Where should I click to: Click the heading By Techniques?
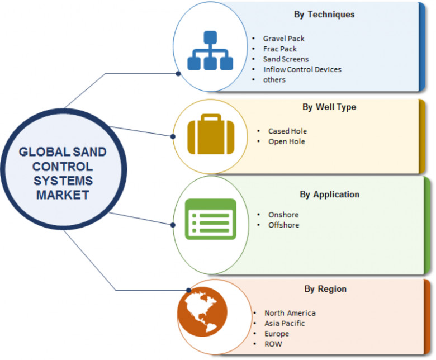pos(324,15)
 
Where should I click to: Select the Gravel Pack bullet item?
pos(284,39)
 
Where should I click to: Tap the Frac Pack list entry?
pos(280,49)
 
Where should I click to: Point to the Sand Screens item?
pos(286,59)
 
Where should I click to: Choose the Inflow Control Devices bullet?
pos(302,69)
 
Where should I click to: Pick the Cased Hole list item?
pos(287,131)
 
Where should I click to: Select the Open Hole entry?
pos(286,141)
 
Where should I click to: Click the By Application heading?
pos(329,195)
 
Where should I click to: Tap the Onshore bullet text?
pos(283,215)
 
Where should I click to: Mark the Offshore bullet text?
pos(283,225)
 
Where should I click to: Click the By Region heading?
pos(325,289)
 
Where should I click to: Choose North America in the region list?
pos(290,313)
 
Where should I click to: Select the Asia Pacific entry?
pos(285,323)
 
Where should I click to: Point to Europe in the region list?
pos(277,334)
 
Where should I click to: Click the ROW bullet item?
pos(273,344)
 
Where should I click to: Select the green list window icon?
pos(210,219)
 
